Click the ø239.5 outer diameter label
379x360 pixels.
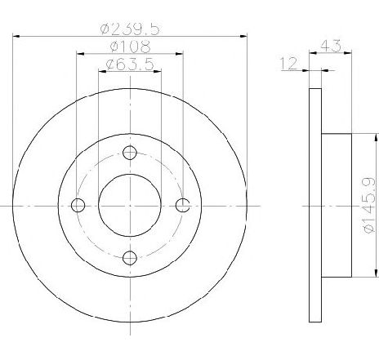click(x=129, y=29)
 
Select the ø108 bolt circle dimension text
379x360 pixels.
click(x=130, y=47)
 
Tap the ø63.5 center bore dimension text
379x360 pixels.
click(x=130, y=64)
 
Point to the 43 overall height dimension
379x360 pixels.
click(x=331, y=46)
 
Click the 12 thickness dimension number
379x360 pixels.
click(x=288, y=64)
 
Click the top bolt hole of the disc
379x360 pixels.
click(x=130, y=153)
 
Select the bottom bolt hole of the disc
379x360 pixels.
click(x=130, y=258)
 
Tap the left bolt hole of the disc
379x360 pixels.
click(x=78, y=205)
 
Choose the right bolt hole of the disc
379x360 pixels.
click(x=182, y=205)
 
